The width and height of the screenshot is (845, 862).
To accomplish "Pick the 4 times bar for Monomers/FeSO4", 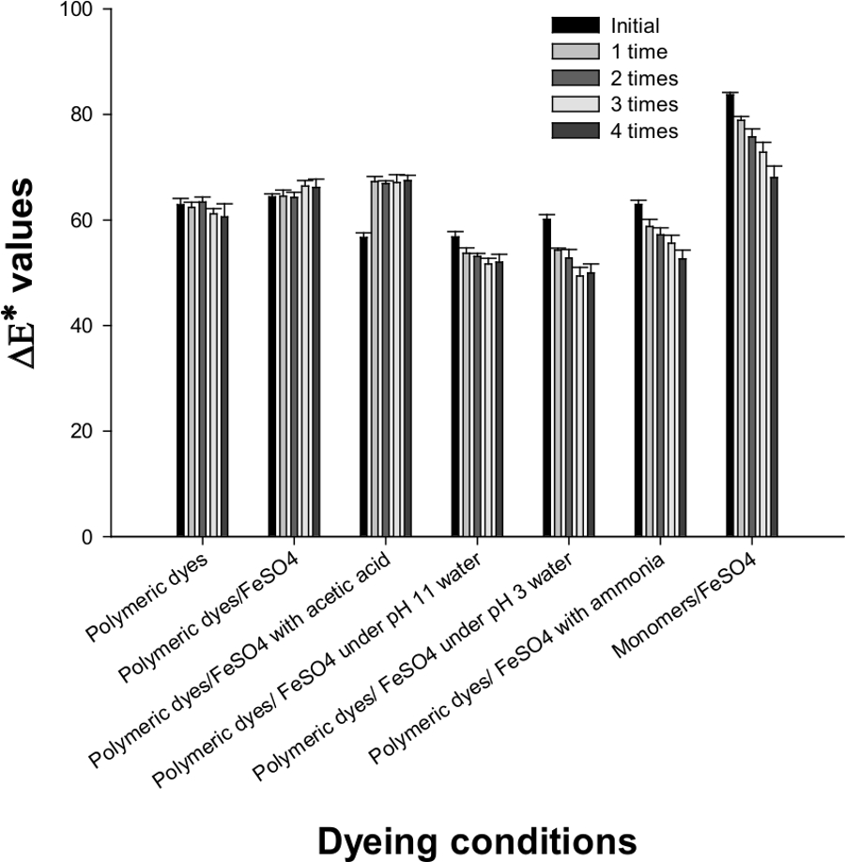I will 774,357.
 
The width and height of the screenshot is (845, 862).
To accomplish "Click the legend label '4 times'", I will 644,131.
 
